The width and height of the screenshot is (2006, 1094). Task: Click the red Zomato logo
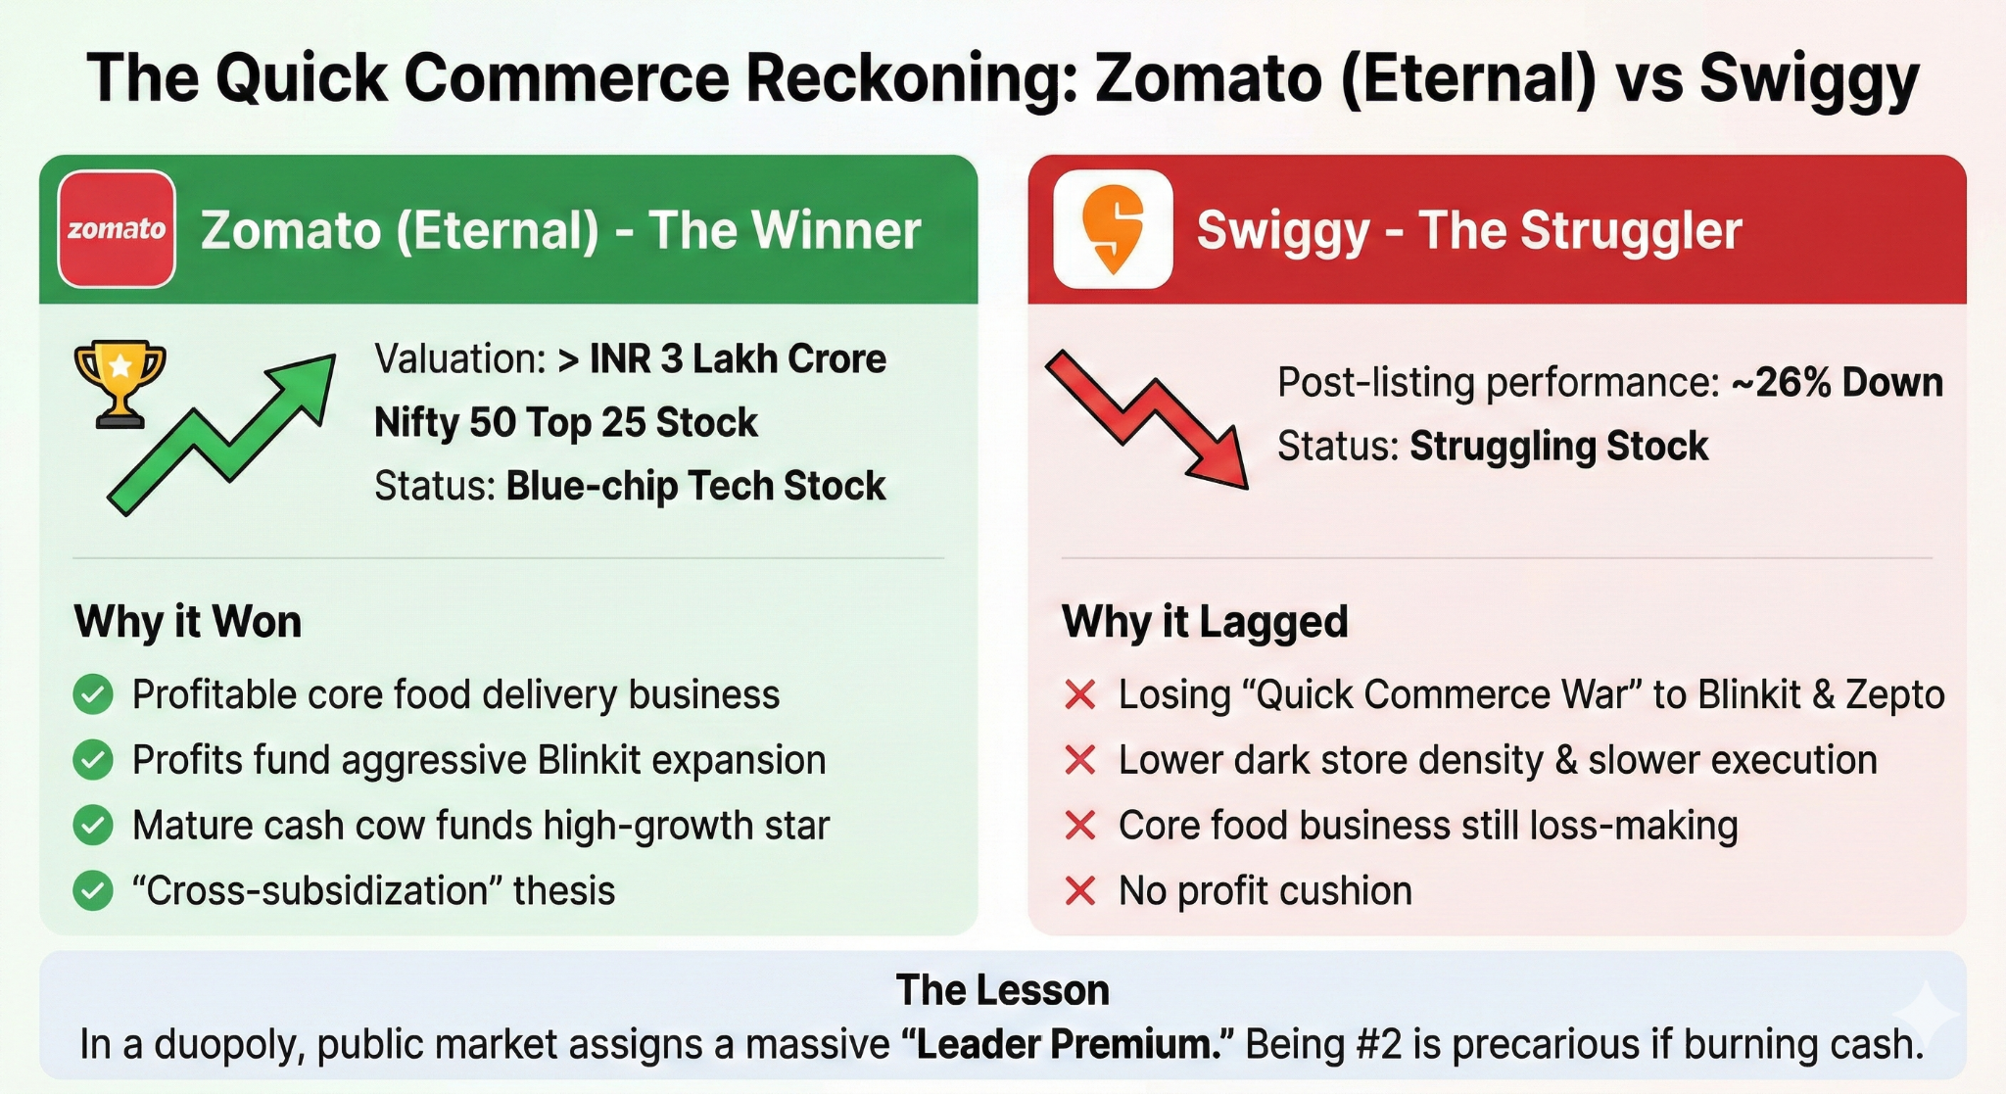coord(117,229)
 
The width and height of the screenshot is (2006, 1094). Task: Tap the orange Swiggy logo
coord(1113,229)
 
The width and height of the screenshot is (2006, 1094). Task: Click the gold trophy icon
coord(119,382)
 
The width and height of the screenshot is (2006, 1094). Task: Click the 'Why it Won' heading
coord(188,622)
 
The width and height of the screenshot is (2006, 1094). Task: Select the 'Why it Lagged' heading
coord(1205,622)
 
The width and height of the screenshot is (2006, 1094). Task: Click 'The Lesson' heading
coord(1002,990)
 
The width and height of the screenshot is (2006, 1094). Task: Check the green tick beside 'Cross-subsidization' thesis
coord(93,891)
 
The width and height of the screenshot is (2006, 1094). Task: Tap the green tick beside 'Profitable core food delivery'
coord(93,695)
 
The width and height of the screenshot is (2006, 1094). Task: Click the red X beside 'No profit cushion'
coord(1079,891)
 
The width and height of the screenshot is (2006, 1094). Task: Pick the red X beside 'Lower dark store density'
coord(1079,760)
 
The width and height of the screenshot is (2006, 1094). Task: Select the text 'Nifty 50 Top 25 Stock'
coord(565,423)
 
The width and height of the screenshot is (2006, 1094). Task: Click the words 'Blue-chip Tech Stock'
coord(695,486)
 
